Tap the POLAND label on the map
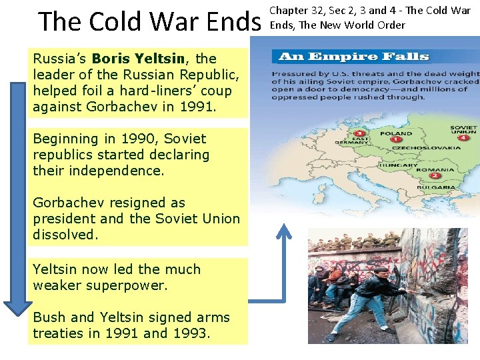[395, 134]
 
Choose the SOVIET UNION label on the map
[463, 130]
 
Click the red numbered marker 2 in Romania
[434, 176]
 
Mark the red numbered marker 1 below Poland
[395, 141]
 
